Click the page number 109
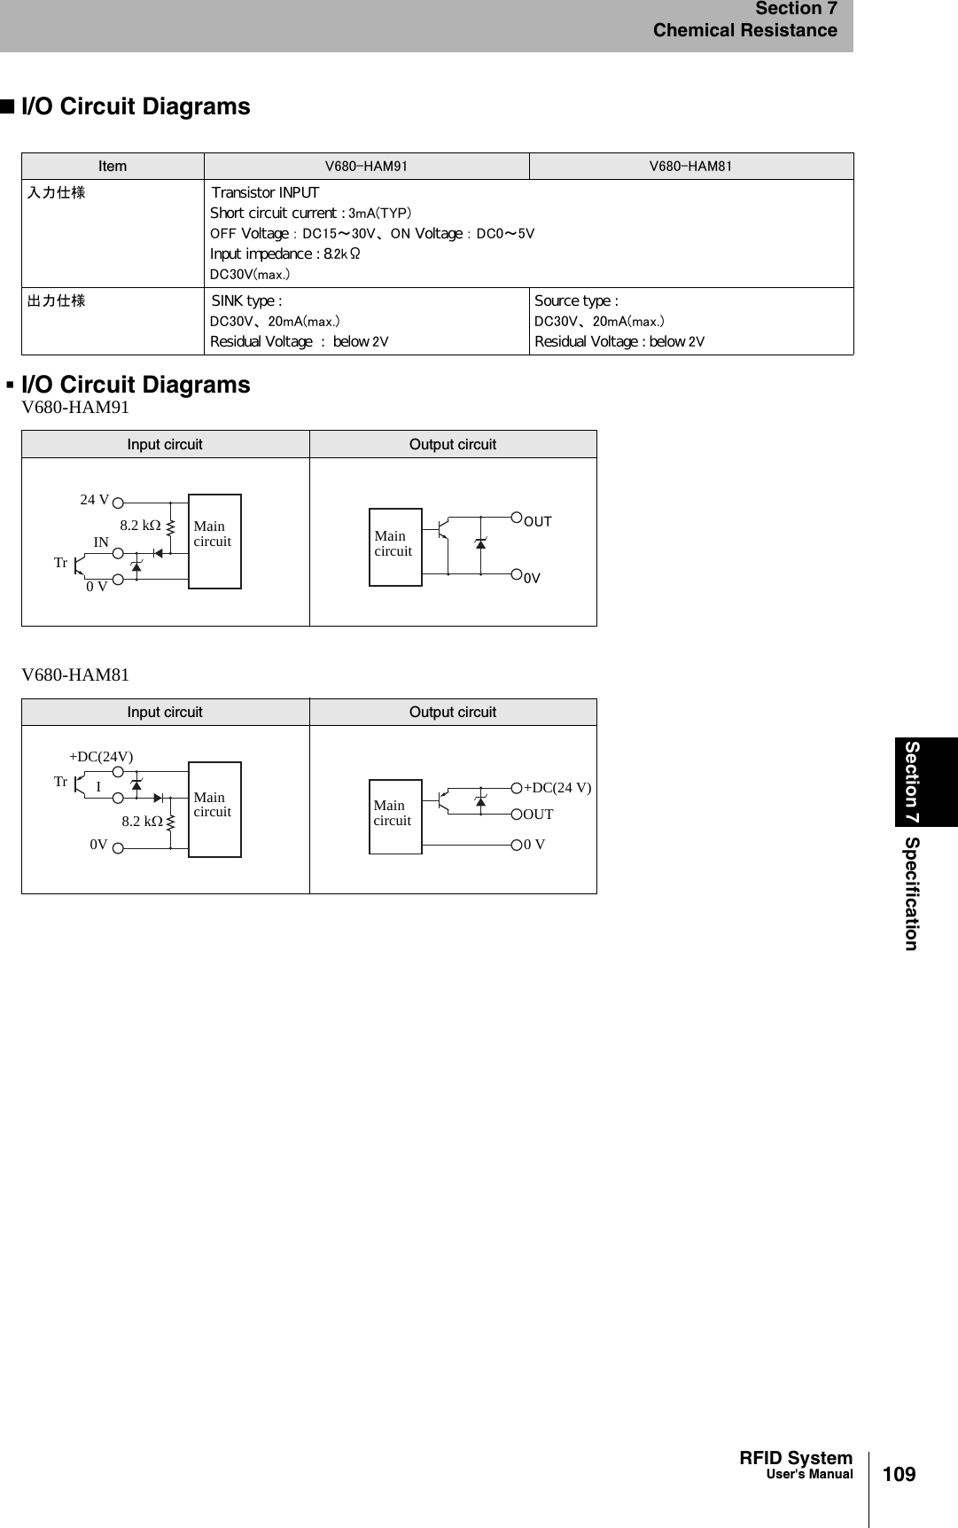pyautogui.click(x=899, y=1474)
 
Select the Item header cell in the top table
pyautogui.click(x=113, y=167)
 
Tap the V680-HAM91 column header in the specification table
pyautogui.click(x=366, y=167)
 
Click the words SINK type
pyautogui.click(x=246, y=301)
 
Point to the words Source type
pyautogui.click(x=576, y=301)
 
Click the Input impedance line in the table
pyautogui.click(x=284, y=254)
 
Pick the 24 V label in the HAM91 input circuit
pyautogui.click(x=95, y=500)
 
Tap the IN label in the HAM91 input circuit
pyautogui.click(x=101, y=542)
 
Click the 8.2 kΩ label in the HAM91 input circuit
pyautogui.click(x=140, y=526)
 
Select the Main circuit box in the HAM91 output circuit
pyautogui.click(x=395, y=546)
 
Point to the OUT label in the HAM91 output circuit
pyautogui.click(x=538, y=522)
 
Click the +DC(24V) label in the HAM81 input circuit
pyautogui.click(x=101, y=757)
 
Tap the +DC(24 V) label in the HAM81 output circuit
pyautogui.click(x=557, y=788)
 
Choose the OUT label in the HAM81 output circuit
pyautogui.click(x=538, y=815)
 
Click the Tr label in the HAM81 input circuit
pyautogui.click(x=60, y=782)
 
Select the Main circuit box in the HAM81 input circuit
pyautogui.click(x=214, y=808)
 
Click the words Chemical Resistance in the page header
pyautogui.click(x=744, y=31)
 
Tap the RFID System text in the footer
pyautogui.click(x=796, y=1458)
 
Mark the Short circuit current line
pyautogui.click(x=310, y=214)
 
